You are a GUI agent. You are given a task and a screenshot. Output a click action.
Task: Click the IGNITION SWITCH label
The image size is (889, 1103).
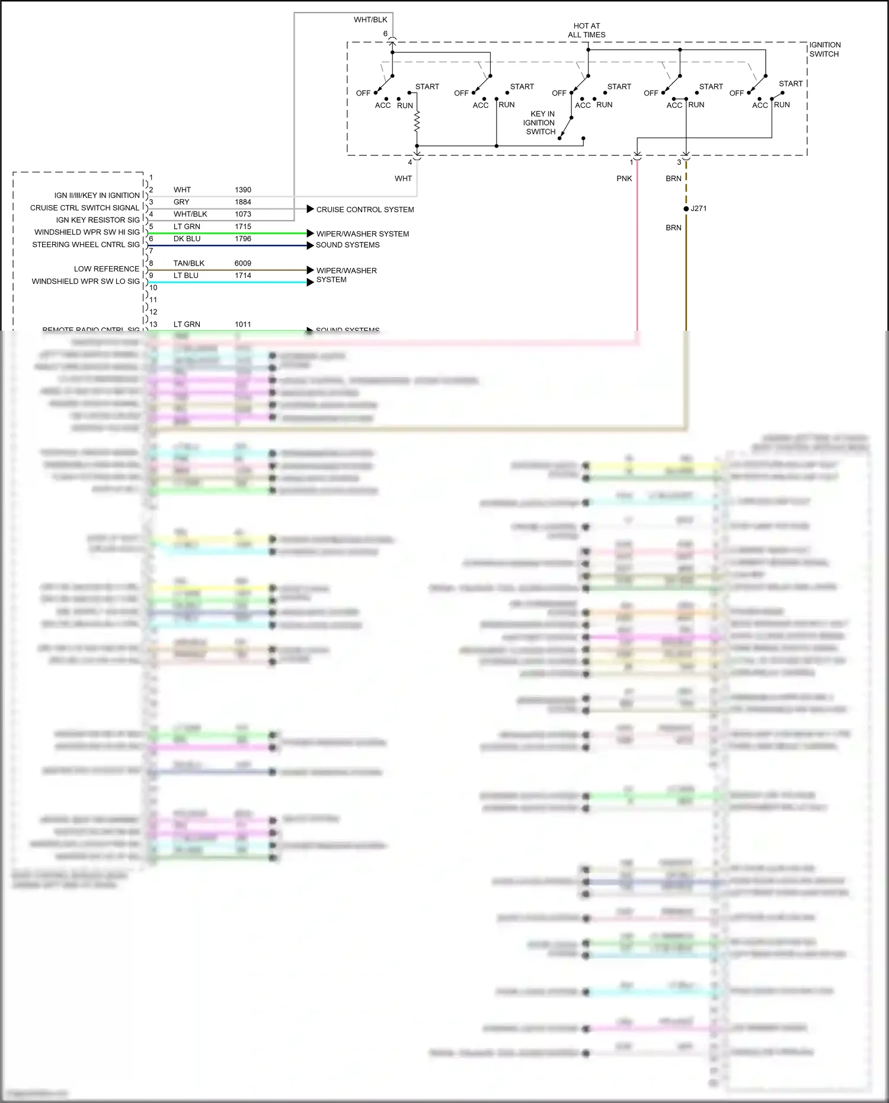coord(824,49)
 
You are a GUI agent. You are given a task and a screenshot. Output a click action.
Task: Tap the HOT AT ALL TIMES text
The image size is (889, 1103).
coord(586,30)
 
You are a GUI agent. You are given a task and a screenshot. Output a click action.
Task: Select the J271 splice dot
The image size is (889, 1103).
coord(686,209)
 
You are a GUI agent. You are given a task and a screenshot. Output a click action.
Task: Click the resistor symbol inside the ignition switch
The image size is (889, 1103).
coord(417,123)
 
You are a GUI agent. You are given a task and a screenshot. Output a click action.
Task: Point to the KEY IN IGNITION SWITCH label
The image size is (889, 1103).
coord(539,123)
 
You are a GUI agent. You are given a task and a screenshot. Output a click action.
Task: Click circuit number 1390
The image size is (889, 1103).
coord(242,190)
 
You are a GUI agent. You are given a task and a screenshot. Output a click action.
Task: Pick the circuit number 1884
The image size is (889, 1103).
coord(242,202)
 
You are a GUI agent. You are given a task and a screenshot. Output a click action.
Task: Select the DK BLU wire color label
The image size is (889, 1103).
coord(187,239)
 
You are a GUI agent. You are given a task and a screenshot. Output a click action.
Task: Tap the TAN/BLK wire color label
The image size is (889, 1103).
coord(188,263)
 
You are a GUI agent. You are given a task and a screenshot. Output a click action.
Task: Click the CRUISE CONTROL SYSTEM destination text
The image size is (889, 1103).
coord(364,210)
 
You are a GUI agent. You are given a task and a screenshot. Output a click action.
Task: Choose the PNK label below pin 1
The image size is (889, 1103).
coord(624,178)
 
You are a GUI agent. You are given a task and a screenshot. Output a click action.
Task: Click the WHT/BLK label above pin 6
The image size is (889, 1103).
coord(370,20)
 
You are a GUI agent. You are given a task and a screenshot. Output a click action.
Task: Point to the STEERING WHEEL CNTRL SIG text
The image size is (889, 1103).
coord(86,245)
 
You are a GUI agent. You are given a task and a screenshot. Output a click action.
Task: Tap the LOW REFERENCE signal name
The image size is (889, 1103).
coord(107,269)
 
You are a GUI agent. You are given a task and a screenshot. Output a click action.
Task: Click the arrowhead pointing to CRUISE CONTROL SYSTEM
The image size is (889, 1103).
coord(310,209)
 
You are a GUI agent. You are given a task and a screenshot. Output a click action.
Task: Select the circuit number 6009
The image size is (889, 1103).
coord(242,263)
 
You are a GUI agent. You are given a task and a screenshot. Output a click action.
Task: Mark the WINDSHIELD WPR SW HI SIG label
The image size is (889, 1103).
coord(87,232)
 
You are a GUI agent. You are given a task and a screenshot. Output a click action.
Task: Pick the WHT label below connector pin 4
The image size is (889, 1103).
coord(403,178)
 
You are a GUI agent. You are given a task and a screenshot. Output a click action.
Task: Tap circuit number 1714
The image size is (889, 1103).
coord(242,276)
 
